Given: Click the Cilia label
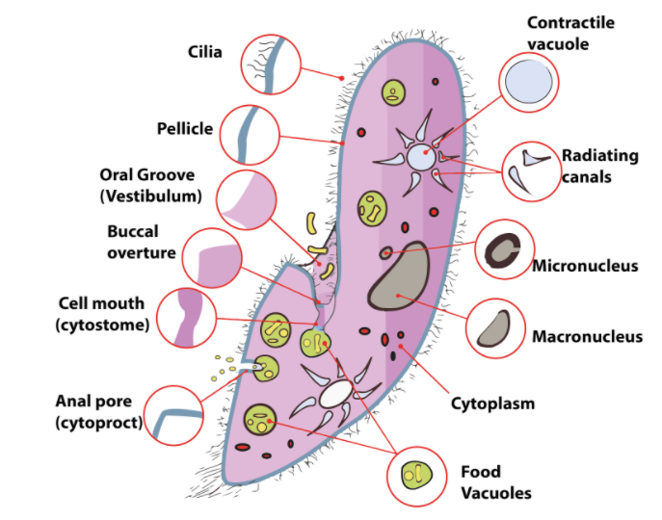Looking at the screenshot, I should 204,51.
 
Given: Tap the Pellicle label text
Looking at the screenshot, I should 184,128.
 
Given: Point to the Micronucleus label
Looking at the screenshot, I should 585,265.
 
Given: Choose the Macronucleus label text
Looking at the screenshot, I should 587,337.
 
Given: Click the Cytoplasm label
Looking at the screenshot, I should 492,403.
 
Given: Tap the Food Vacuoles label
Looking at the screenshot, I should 495,482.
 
